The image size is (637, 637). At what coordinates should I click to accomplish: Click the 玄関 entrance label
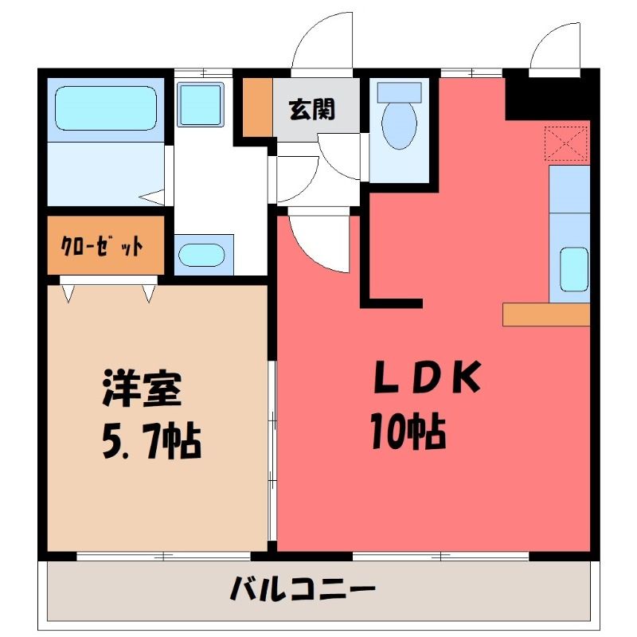(x=311, y=109)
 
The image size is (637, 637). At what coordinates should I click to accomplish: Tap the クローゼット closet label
(x=102, y=245)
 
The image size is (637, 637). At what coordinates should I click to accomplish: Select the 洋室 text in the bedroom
(x=142, y=388)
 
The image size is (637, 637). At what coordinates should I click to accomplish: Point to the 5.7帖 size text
(x=151, y=441)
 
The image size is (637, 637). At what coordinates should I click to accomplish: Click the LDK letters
(x=427, y=377)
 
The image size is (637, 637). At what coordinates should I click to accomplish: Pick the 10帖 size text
(x=408, y=431)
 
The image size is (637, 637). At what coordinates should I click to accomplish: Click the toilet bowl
(x=400, y=126)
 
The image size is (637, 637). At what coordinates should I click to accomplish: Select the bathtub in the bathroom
(x=106, y=108)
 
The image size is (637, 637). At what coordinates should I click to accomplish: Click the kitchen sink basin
(x=574, y=269)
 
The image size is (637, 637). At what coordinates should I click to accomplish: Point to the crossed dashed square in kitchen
(x=566, y=143)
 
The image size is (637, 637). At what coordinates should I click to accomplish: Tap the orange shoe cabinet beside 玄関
(x=257, y=107)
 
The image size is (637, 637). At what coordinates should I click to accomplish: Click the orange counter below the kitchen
(x=546, y=314)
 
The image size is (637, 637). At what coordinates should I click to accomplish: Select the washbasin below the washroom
(x=201, y=255)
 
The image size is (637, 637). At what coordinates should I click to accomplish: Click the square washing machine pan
(x=201, y=104)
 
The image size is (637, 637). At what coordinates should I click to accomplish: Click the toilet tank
(x=400, y=92)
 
